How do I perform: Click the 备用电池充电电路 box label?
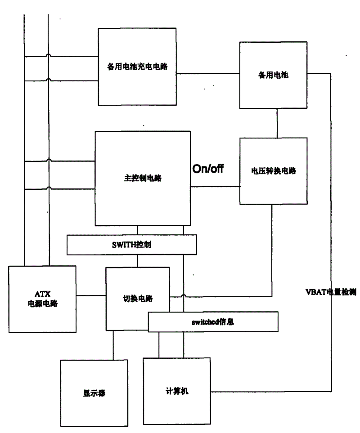137,67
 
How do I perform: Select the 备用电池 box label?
273,75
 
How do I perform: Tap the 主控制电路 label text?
143,178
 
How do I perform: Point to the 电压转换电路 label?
274,171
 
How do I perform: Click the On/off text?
208,169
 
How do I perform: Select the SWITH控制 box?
132,245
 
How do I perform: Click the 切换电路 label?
138,299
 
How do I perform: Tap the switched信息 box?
213,321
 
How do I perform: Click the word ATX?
43,294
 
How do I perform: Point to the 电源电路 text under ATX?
43,304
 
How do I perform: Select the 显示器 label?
94,393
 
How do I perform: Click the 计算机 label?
177,391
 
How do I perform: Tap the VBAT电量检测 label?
331,292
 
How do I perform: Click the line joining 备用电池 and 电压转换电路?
277,123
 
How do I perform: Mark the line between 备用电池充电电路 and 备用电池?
208,74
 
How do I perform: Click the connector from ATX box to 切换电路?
91,296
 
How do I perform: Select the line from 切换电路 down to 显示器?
113,345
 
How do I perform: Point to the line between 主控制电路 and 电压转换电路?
215,187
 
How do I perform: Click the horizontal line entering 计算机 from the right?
271,391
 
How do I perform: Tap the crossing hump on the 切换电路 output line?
184,296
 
